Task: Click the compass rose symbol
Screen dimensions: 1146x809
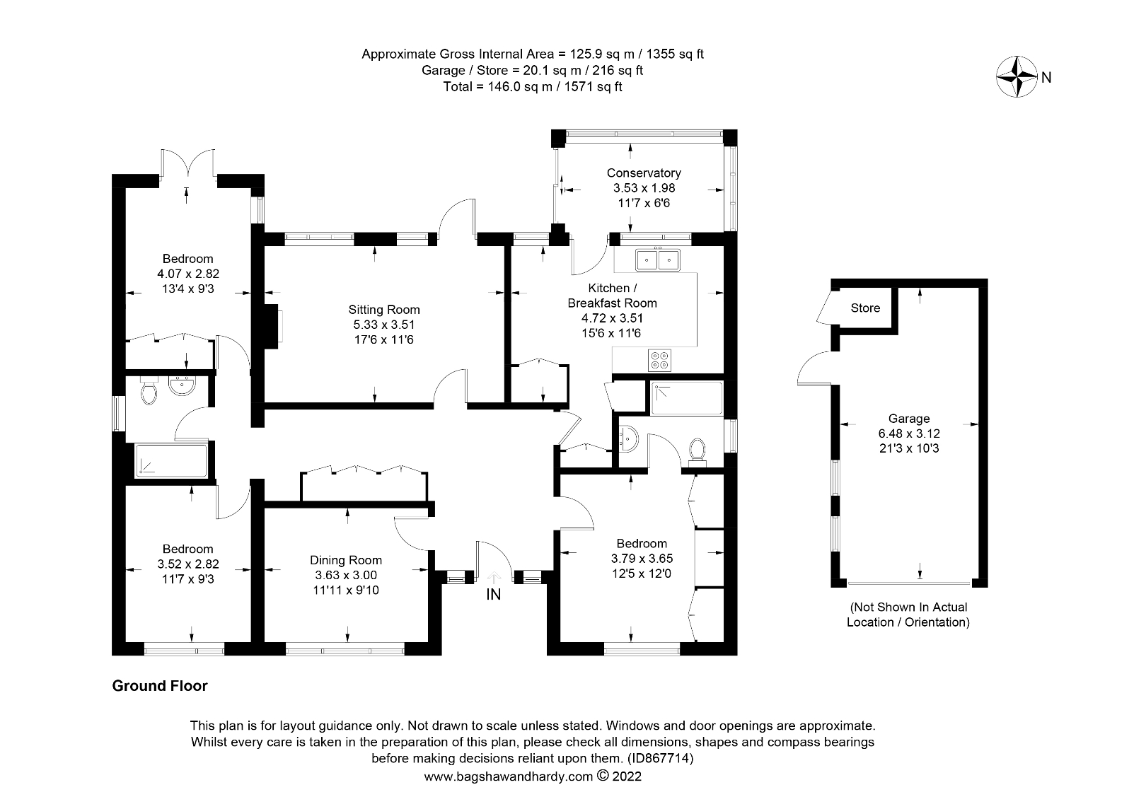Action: (x=1017, y=76)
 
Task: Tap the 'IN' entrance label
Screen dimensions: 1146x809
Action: (x=493, y=594)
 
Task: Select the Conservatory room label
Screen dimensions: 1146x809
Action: (x=644, y=173)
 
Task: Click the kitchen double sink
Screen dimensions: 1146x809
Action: (x=657, y=260)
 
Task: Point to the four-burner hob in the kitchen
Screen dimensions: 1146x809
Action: (x=659, y=359)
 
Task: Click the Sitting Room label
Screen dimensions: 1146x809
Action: (x=383, y=309)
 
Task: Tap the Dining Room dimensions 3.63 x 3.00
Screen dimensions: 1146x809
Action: (x=346, y=576)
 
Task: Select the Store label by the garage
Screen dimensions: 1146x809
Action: (x=865, y=308)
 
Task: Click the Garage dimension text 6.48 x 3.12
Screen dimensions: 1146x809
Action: (x=908, y=433)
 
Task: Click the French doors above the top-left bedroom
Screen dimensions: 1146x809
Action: (x=187, y=163)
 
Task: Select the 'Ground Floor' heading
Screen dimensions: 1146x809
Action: (x=160, y=686)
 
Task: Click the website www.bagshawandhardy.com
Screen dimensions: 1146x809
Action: (x=508, y=776)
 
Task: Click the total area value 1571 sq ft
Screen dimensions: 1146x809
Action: (x=593, y=87)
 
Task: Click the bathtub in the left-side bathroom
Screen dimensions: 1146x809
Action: (x=171, y=461)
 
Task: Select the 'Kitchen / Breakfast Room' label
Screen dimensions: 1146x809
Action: (x=613, y=296)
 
